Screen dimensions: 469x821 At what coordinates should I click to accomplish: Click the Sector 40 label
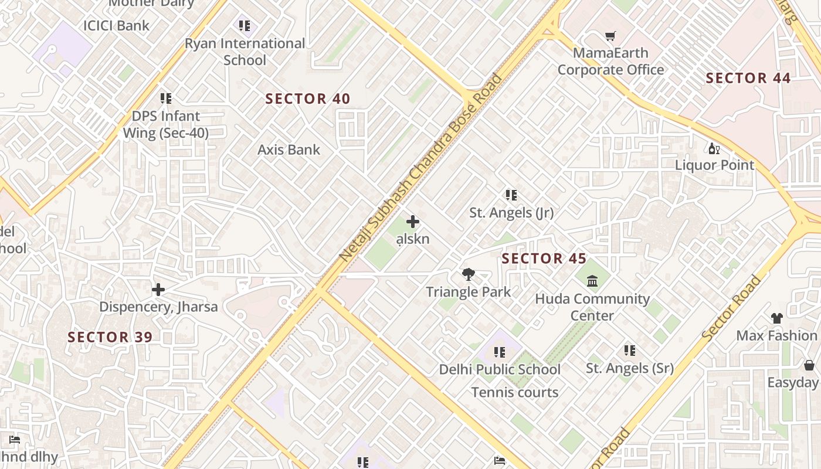[308, 99]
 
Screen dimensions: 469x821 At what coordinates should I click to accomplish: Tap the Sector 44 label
[748, 78]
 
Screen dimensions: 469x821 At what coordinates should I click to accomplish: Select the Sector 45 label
[544, 259]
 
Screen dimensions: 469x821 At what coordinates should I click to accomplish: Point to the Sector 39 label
[110, 337]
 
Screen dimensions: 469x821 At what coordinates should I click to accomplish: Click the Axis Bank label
[289, 149]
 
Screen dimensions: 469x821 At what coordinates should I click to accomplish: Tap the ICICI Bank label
[116, 25]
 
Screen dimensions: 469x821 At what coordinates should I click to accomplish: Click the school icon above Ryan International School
[245, 26]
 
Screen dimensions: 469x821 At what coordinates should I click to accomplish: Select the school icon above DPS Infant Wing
[166, 98]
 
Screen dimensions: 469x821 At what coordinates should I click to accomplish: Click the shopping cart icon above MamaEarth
[610, 36]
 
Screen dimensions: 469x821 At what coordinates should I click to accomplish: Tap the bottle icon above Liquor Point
[714, 148]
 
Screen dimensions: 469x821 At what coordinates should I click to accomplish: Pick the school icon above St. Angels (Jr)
[511, 195]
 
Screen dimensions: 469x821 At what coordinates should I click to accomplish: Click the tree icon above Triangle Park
[468, 274]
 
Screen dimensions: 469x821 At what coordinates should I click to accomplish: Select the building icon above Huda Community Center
[592, 281]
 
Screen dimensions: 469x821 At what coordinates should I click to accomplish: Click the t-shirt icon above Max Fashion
[776, 318]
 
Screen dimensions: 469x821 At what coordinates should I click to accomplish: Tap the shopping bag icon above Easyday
[809, 366]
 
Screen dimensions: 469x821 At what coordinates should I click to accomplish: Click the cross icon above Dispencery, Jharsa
[158, 290]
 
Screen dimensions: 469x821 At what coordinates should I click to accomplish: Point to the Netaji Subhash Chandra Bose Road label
[421, 167]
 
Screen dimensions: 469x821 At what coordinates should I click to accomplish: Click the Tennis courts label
[515, 392]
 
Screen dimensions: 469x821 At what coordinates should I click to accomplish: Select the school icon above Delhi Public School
[500, 352]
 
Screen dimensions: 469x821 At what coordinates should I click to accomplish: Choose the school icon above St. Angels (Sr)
[630, 351]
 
